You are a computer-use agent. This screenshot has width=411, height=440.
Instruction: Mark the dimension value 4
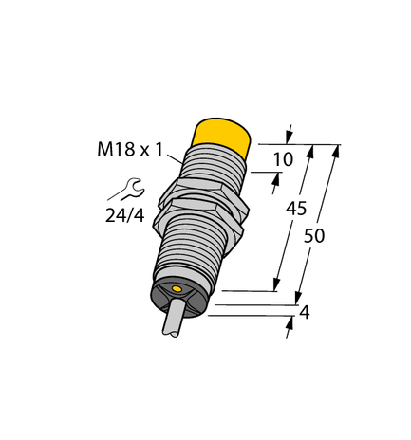click(304, 313)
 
